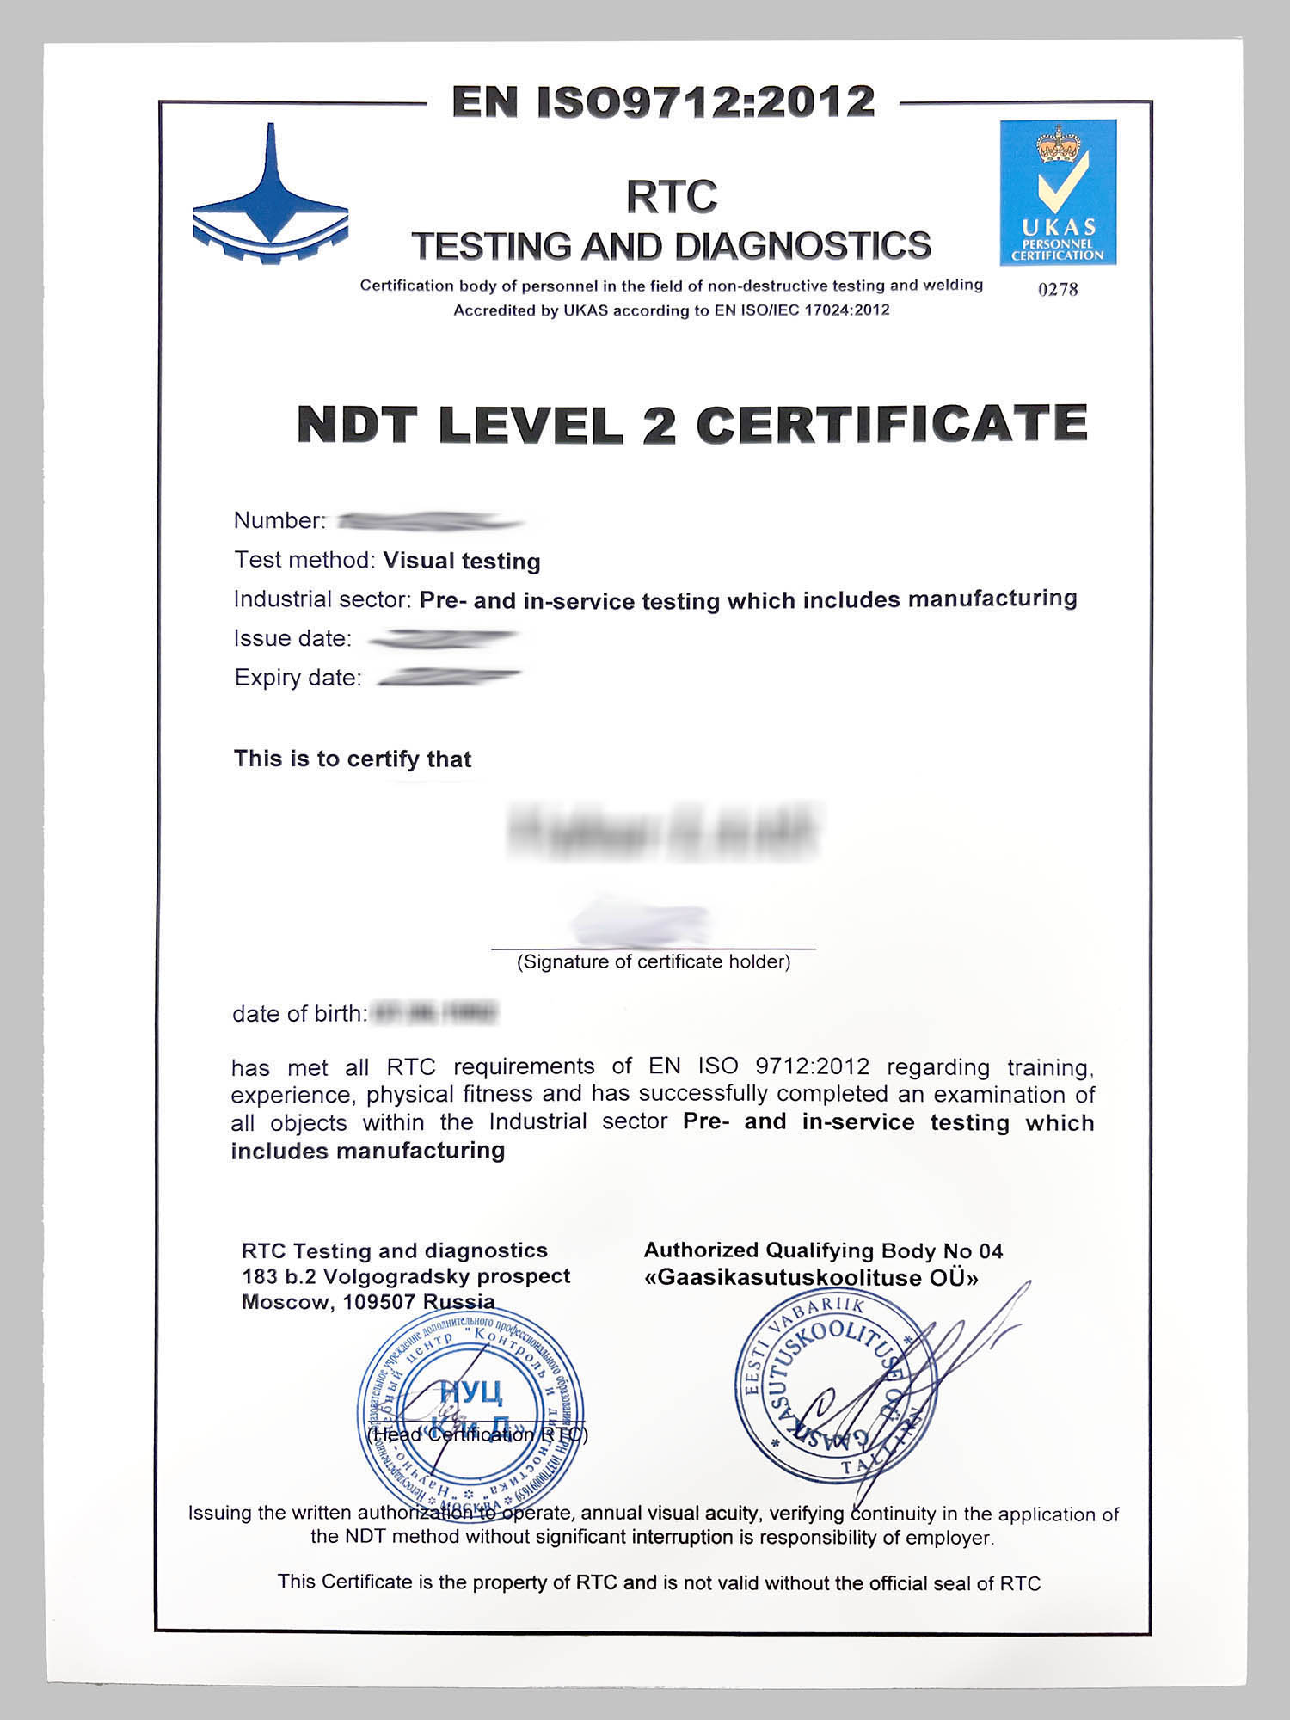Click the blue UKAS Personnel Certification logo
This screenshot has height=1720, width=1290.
coord(1058,192)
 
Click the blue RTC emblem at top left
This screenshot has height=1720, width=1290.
coord(270,198)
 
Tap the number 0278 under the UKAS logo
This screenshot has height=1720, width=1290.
coord(1058,289)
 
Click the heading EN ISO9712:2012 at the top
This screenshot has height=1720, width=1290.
coord(663,101)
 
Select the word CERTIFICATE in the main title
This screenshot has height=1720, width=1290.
coord(892,423)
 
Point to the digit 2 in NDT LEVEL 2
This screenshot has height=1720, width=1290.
coord(659,425)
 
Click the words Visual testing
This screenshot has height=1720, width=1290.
coord(462,561)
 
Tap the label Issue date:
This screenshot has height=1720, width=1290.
coord(292,638)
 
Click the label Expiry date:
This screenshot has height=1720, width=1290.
coord(298,678)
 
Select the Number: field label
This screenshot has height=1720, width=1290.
coord(279,520)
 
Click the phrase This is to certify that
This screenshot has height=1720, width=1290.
coord(353,759)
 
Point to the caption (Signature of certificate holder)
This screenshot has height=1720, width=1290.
coord(654,961)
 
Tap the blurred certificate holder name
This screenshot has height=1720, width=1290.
coord(663,830)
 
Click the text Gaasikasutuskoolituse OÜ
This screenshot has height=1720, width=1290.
coord(811,1278)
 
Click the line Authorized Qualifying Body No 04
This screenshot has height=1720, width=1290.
coord(823,1250)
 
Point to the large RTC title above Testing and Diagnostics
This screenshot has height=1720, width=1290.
coord(671,196)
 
